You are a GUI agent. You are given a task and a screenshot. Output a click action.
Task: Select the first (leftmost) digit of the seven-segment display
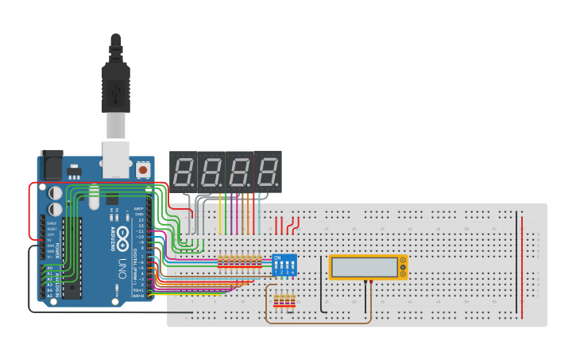(184, 171)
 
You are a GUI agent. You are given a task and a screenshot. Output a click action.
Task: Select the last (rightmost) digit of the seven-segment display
(268, 171)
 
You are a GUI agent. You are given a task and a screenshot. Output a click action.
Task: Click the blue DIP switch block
(284, 265)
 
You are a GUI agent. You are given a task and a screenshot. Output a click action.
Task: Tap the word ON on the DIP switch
(277, 257)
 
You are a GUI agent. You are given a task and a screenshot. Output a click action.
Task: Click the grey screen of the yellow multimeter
(365, 268)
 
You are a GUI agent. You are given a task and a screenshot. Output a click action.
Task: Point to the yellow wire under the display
(220, 215)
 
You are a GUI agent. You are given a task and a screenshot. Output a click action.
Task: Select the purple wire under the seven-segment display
(237, 215)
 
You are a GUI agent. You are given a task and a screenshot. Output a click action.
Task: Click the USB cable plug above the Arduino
(116, 83)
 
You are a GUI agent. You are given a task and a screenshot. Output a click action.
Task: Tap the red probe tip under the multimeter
(371, 281)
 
